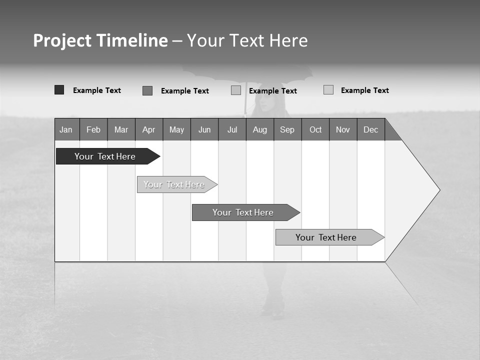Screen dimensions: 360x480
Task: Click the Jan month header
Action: [66, 129]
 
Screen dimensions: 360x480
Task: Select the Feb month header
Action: [93, 129]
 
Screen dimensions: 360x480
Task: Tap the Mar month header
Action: [121, 129]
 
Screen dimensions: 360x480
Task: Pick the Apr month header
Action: [149, 129]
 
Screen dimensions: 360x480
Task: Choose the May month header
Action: [176, 129]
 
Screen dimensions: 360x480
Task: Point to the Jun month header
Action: [204, 129]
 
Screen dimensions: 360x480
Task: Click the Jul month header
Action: [232, 129]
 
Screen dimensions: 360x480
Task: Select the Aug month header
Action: [260, 129]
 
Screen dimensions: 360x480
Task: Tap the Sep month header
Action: [287, 129]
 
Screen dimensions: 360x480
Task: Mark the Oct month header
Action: [315, 129]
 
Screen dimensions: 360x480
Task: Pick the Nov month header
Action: [343, 129]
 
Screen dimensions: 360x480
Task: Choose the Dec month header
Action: [371, 129]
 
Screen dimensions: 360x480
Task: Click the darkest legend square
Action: [59, 90]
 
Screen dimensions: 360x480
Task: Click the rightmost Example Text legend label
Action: [364, 90]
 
